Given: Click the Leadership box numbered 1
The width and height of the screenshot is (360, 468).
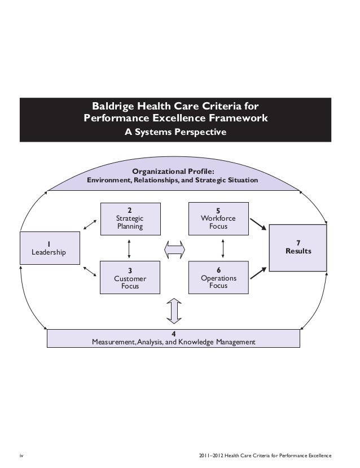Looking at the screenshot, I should coord(48,248).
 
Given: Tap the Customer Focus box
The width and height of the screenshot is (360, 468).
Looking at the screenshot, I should coord(130,278).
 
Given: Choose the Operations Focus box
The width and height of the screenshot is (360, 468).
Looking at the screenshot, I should coord(218,278).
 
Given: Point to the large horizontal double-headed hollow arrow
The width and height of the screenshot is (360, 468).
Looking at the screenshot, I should coord(174,248).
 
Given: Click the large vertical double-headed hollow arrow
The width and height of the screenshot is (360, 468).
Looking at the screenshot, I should coord(174,310).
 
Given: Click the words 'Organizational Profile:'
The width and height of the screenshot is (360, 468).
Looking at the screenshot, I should coord(173,171).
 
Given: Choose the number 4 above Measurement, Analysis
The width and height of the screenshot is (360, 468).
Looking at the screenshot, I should coord(174,334).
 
